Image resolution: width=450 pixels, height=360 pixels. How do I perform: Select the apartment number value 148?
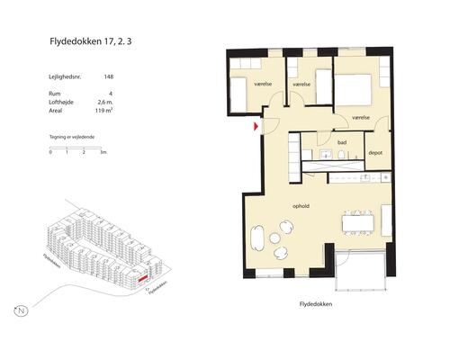coord(108,77)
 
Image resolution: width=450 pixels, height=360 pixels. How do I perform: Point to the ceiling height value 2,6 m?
coord(104,104)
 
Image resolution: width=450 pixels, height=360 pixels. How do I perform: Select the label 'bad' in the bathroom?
coord(342,142)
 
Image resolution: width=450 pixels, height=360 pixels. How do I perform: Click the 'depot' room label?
coord(376,153)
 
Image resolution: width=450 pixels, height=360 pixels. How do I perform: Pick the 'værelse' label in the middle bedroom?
coord(301,85)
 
